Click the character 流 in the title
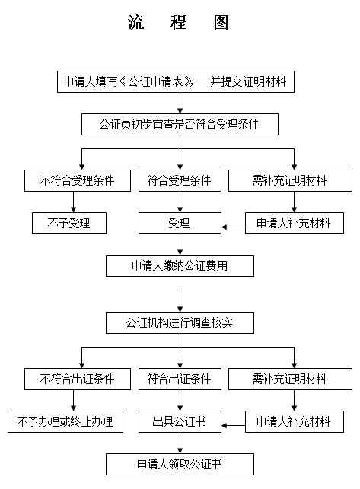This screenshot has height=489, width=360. [x=135, y=22]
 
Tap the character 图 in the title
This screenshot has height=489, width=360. [x=221, y=22]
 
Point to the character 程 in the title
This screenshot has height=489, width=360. [x=179, y=22]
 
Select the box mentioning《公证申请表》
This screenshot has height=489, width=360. [x=176, y=81]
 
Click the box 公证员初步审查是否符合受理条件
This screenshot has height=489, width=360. [x=180, y=125]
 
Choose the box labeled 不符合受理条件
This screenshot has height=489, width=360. [x=78, y=180]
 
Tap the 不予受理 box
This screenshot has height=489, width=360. [x=69, y=224]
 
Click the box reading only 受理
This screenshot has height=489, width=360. [x=180, y=224]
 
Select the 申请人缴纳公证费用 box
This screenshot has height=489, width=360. [x=180, y=266]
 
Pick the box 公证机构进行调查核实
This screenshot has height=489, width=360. [x=180, y=322]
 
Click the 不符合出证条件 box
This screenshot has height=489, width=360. [x=78, y=379]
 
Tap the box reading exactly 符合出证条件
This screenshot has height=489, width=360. [x=180, y=379]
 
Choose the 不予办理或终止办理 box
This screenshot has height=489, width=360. [x=65, y=421]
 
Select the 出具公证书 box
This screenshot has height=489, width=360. [x=180, y=421]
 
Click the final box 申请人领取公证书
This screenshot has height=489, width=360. [x=180, y=465]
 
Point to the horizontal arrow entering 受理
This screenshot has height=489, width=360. [x=233, y=227]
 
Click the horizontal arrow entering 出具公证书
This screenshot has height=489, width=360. [x=233, y=425]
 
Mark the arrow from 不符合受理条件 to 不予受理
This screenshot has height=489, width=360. [x=74, y=202]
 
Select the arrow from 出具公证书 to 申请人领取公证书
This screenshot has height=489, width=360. [x=180, y=443]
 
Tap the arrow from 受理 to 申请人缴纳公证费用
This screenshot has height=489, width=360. [x=180, y=245]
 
